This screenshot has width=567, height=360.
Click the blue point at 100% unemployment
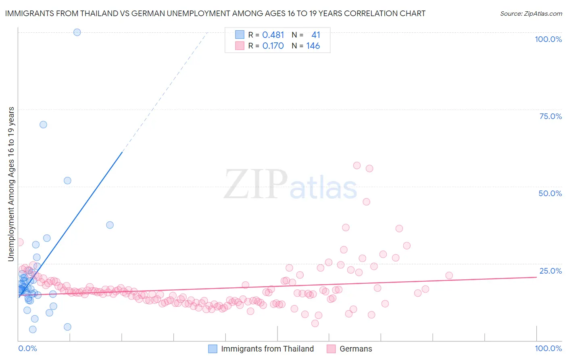point(77,32)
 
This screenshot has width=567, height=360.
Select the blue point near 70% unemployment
point(43,125)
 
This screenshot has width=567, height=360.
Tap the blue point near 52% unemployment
point(67,181)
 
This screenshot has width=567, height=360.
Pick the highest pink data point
point(356,165)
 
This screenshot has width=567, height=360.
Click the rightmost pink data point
point(449,276)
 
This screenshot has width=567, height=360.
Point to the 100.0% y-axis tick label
point(548,40)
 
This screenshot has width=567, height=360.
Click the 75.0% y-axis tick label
point(550,117)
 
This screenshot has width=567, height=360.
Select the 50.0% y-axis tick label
point(550,194)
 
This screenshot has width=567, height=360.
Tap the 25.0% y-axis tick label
point(550,271)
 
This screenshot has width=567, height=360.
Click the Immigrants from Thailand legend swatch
point(213,349)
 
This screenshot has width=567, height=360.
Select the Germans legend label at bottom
point(356,349)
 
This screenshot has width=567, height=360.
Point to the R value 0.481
point(273,35)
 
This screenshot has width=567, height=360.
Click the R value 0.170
point(273,46)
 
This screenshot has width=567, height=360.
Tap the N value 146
point(313,46)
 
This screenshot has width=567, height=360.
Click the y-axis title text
point(11,184)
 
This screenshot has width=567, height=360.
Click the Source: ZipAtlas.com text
point(531,14)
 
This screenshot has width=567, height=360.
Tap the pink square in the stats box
point(240,46)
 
